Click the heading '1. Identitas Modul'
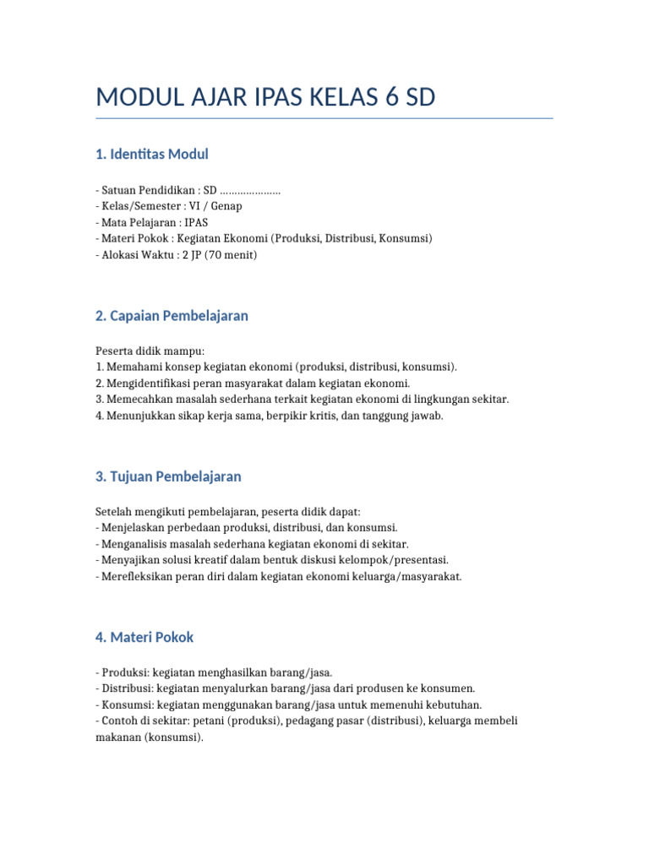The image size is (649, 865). [x=152, y=154]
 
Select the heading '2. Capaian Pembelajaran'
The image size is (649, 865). [x=172, y=315]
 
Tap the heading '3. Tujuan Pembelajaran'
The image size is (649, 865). [x=168, y=476]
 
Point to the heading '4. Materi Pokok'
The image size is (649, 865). [x=145, y=637]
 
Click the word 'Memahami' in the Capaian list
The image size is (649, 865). [x=132, y=367]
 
